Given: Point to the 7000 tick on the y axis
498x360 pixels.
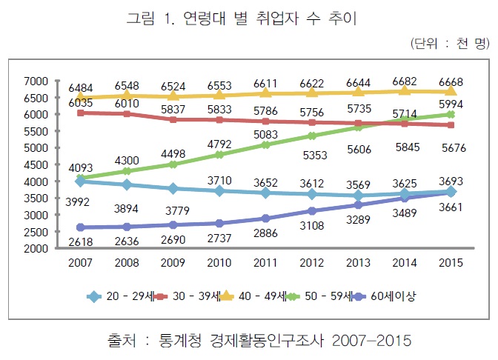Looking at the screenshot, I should click(36, 81).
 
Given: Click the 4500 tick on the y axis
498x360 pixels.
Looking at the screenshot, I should click(36, 164).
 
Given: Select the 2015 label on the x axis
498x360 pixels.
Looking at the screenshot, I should click(451, 262).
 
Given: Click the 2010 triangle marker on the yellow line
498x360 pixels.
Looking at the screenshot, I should click(220, 95).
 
